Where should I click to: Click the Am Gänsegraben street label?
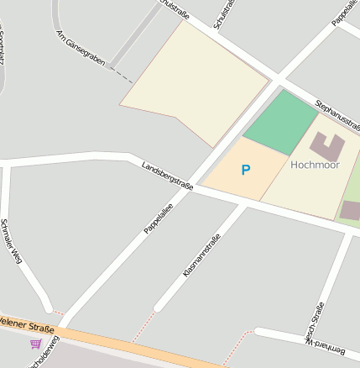[x=81, y=50]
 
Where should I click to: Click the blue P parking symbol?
[x=245, y=171]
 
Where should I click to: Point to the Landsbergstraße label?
[x=167, y=176]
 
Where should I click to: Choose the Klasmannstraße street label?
[x=201, y=255]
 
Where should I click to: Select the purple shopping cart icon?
[x=35, y=344]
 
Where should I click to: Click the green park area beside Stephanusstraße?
[x=282, y=122]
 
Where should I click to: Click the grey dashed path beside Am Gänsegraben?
[x=122, y=76]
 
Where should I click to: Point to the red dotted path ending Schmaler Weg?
[x=57, y=312]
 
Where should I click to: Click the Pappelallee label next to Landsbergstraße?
[x=158, y=217]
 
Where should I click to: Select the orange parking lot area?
[x=239, y=172]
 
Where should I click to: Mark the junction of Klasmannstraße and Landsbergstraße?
[x=246, y=202]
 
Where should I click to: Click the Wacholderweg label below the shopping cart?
[x=44, y=357]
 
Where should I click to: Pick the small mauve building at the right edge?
[x=351, y=211]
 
